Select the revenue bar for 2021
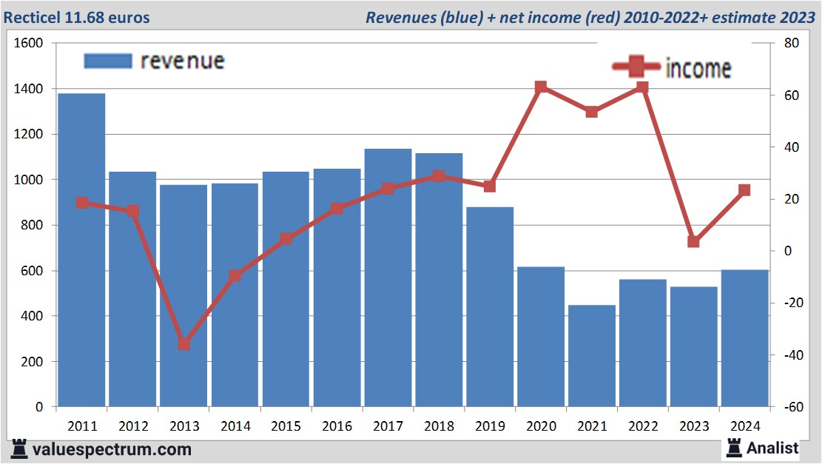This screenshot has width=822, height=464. click(x=592, y=356)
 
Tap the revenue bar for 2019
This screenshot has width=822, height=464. click(x=490, y=307)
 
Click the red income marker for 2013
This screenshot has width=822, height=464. click(x=184, y=344)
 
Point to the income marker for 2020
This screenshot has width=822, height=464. click(x=541, y=87)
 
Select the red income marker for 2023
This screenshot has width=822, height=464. click(x=694, y=242)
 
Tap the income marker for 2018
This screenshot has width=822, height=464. click(x=439, y=176)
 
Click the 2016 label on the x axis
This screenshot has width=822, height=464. click(x=337, y=426)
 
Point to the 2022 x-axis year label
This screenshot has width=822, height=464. click(x=643, y=426)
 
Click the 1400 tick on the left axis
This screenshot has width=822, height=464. click(x=29, y=89)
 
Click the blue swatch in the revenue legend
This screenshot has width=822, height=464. click(x=108, y=61)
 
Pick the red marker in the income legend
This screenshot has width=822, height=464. click(x=636, y=67)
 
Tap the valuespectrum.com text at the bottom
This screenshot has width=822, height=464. click(x=111, y=449)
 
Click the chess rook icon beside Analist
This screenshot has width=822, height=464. click(x=734, y=447)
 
